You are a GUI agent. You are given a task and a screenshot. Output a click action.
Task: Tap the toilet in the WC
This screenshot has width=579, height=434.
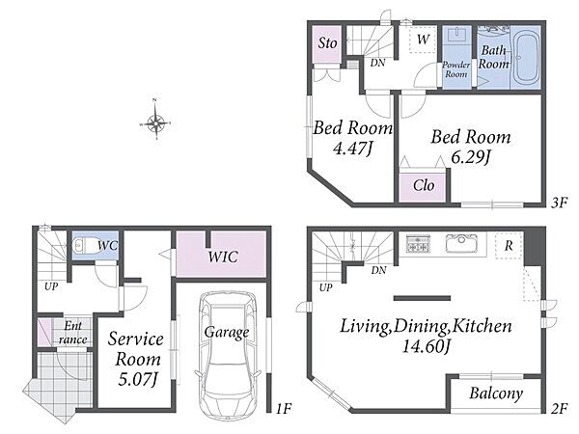82,245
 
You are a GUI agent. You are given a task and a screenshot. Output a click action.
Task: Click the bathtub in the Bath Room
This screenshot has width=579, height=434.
526,58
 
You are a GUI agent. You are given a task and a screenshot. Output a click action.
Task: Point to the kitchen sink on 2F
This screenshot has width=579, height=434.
461,243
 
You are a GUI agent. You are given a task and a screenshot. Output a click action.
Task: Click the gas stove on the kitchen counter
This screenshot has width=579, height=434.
418,243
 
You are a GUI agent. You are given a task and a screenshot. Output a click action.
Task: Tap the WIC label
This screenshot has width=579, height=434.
222,257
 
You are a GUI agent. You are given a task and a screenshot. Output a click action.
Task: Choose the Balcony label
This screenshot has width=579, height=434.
496,393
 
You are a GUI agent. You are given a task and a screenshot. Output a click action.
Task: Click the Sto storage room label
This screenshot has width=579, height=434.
327,42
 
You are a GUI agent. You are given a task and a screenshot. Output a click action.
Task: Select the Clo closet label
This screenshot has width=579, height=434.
424,185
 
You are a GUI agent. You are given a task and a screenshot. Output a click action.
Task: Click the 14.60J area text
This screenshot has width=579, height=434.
426,346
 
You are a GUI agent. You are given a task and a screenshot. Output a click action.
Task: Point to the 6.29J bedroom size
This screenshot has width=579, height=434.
470,157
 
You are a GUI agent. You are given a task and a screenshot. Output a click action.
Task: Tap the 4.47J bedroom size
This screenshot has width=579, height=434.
352,149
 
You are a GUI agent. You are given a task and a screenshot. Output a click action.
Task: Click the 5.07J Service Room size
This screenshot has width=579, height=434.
138,379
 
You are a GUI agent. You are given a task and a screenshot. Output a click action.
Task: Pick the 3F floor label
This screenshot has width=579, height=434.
559,203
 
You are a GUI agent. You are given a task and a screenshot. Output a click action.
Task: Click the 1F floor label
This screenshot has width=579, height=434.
284,408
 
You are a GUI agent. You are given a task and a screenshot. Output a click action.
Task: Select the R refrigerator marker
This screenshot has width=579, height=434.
509,246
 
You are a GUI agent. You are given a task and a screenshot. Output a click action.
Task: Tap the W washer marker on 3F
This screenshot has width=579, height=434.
424,40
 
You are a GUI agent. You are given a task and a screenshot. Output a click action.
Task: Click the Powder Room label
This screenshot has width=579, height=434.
456,69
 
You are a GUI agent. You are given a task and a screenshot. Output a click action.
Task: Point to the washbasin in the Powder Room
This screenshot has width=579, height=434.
456,36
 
